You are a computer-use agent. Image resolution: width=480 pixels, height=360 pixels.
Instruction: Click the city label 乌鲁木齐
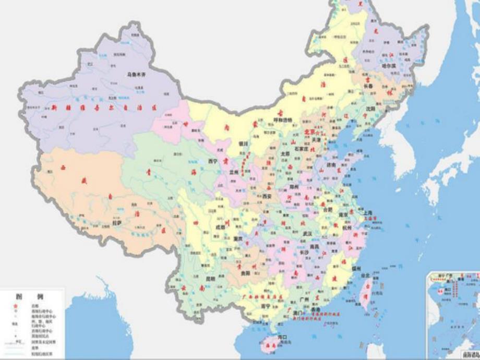pos(138,75)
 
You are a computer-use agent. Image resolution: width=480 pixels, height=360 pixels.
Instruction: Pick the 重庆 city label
pos(238,238)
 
